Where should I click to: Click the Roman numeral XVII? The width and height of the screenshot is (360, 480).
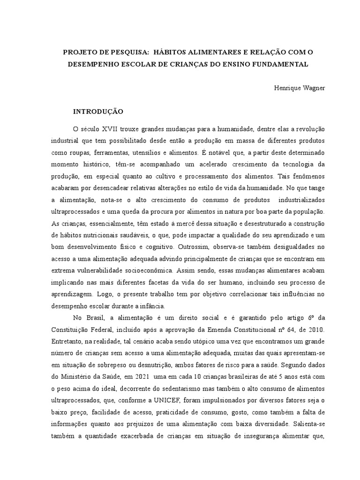coord(108,129)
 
